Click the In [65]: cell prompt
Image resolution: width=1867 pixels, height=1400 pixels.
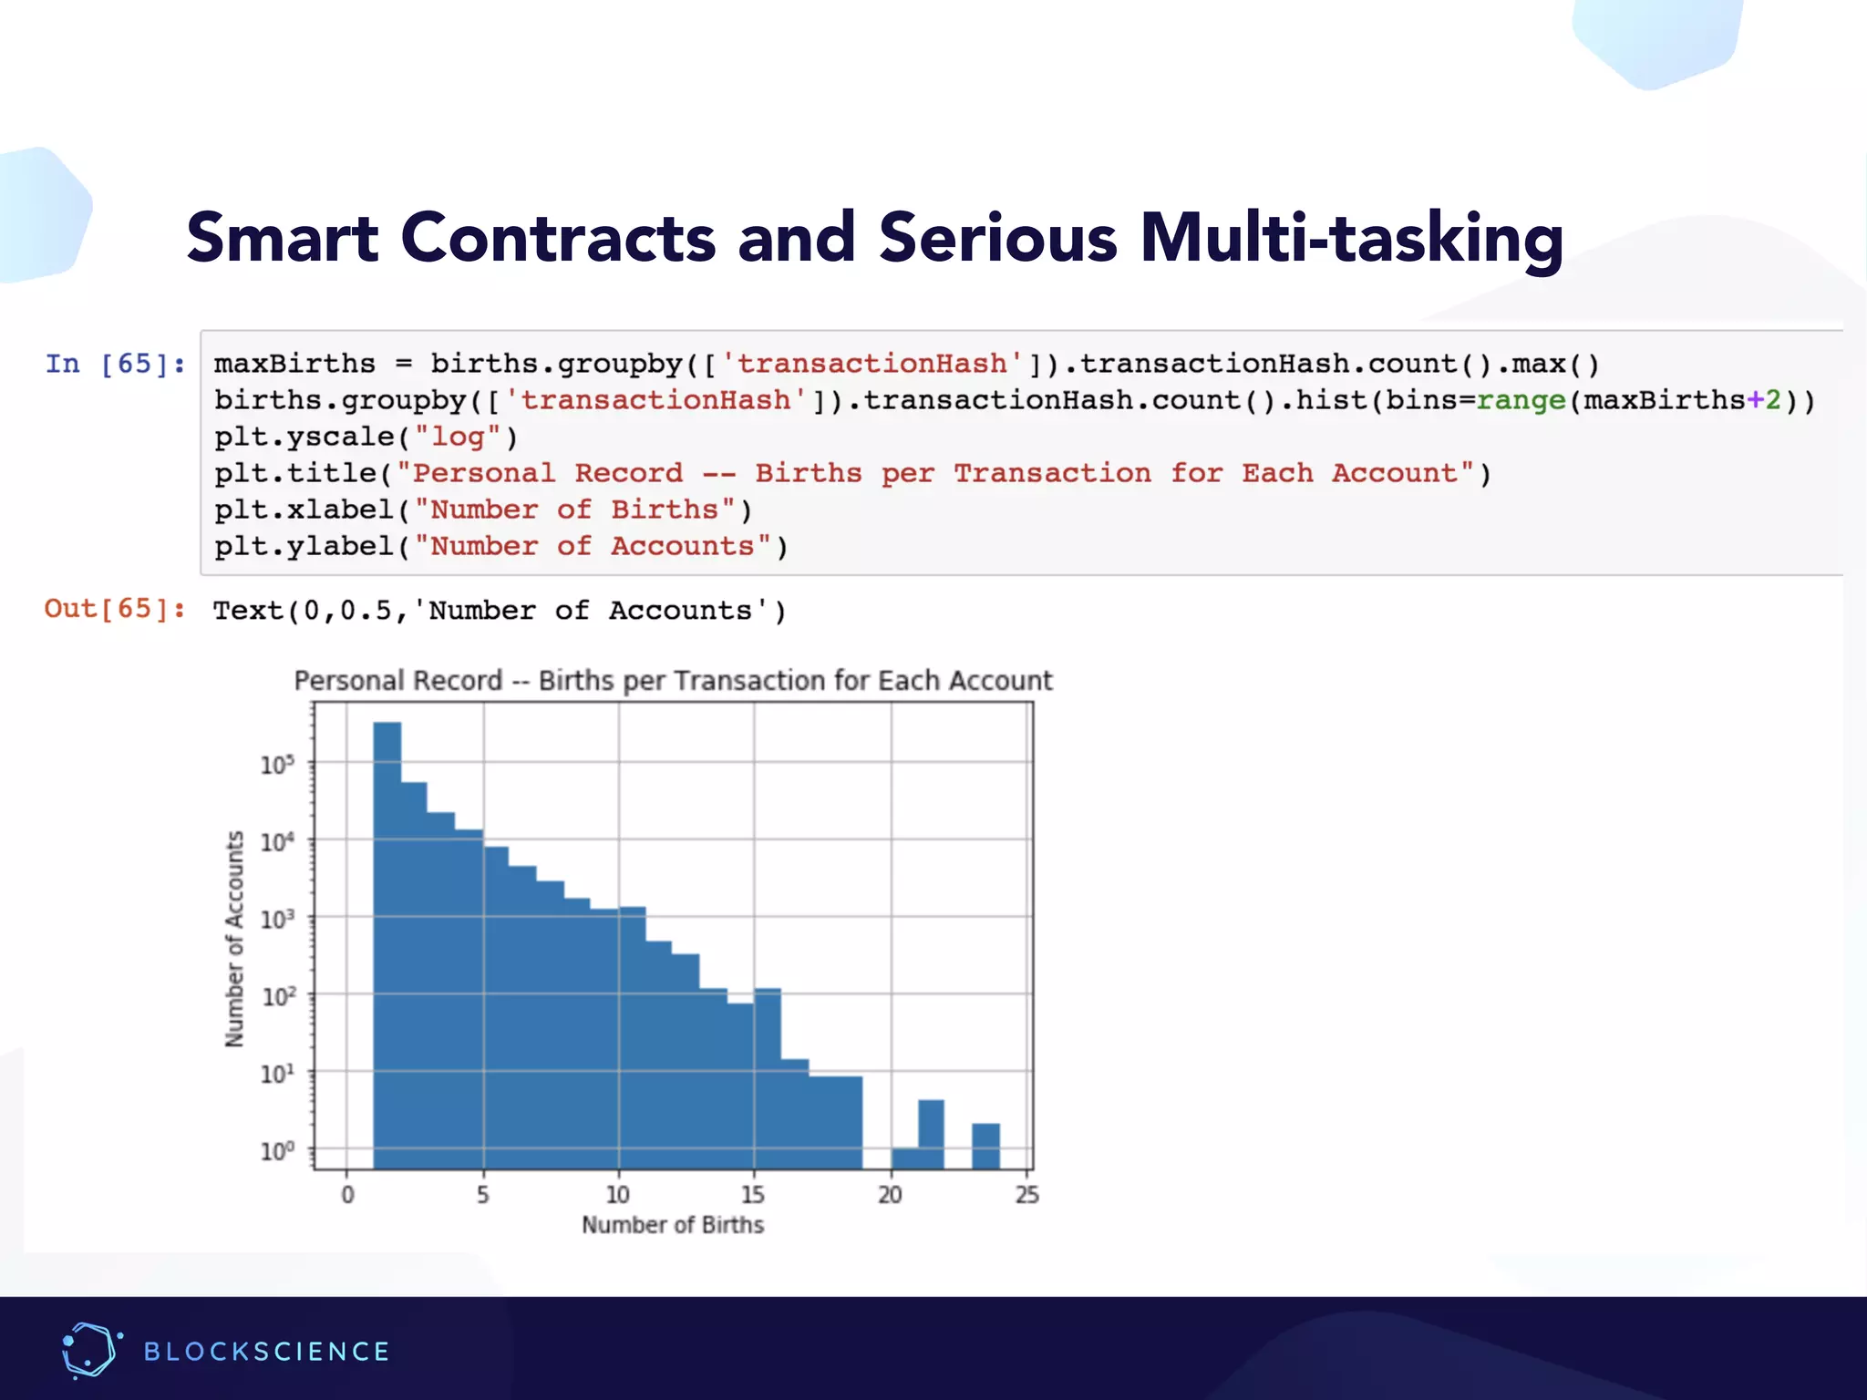[x=115, y=364]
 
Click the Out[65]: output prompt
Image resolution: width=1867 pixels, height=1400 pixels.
[x=115, y=608]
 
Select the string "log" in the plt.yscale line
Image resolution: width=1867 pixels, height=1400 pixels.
[x=458, y=437]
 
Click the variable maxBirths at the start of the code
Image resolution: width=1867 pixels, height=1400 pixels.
[x=294, y=364]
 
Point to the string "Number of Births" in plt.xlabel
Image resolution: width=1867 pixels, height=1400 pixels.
[x=574, y=510]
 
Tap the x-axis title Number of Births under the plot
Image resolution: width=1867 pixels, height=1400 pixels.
[x=673, y=1224]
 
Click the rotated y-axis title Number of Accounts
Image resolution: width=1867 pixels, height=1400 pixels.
[x=235, y=939]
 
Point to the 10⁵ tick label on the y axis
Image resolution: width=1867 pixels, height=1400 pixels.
[x=277, y=764]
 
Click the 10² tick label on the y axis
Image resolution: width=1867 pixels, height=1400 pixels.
[x=277, y=995]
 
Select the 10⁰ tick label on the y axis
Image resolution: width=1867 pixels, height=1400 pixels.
[x=277, y=1150]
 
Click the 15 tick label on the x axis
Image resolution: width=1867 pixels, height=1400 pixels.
[x=753, y=1194]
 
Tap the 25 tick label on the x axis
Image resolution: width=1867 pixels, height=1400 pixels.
[x=1026, y=1194]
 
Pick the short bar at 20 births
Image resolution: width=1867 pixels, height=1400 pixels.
[x=904, y=1158]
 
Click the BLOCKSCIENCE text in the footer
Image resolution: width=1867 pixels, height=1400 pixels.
[x=266, y=1351]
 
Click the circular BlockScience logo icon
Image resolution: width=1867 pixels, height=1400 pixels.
[x=90, y=1350]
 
